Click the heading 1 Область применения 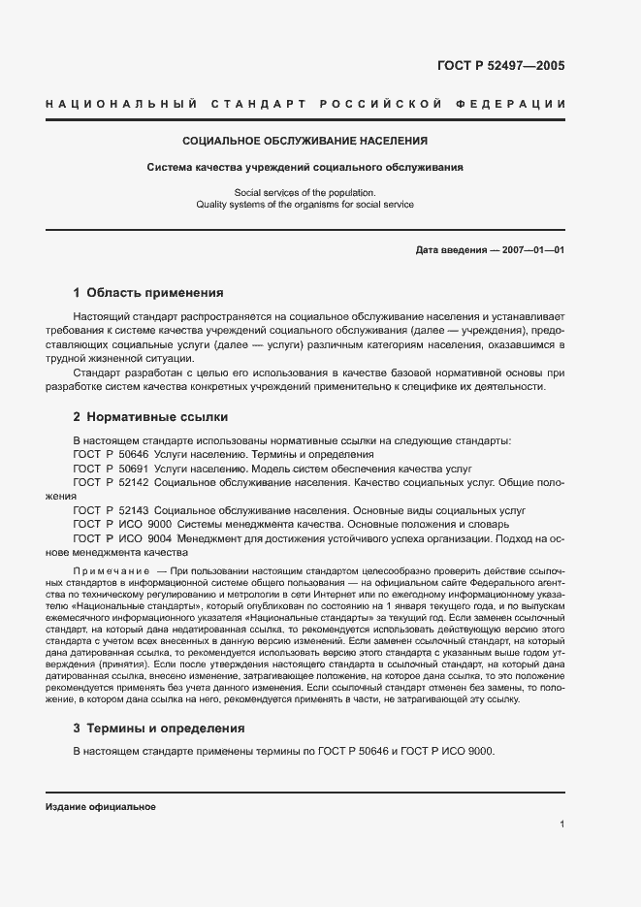pos(148,292)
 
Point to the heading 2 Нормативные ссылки pos(150,417)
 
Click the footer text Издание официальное pos(100,807)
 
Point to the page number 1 pos(562,824)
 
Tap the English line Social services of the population pos(304,192)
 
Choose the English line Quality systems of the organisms pos(304,205)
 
